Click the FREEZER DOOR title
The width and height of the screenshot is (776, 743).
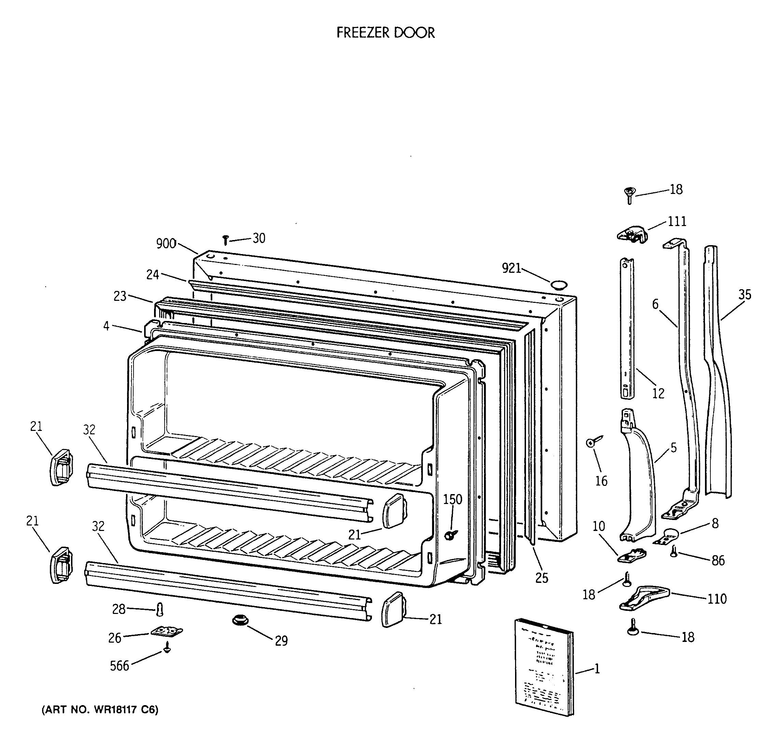[x=385, y=32]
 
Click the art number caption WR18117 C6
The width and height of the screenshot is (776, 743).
[x=100, y=710]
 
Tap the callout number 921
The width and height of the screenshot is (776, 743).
[x=511, y=268]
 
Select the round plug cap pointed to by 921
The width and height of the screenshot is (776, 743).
[x=559, y=285]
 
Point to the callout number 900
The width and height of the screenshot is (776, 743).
[x=166, y=243]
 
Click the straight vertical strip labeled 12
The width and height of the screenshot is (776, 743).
[x=627, y=328]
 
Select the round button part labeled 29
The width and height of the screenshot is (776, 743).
[x=239, y=620]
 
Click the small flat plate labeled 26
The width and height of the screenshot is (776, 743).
[x=167, y=631]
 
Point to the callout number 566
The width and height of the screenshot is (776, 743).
[x=120, y=665]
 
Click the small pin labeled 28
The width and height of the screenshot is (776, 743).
[x=160, y=609]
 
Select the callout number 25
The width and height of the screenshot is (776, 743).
[x=542, y=578]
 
